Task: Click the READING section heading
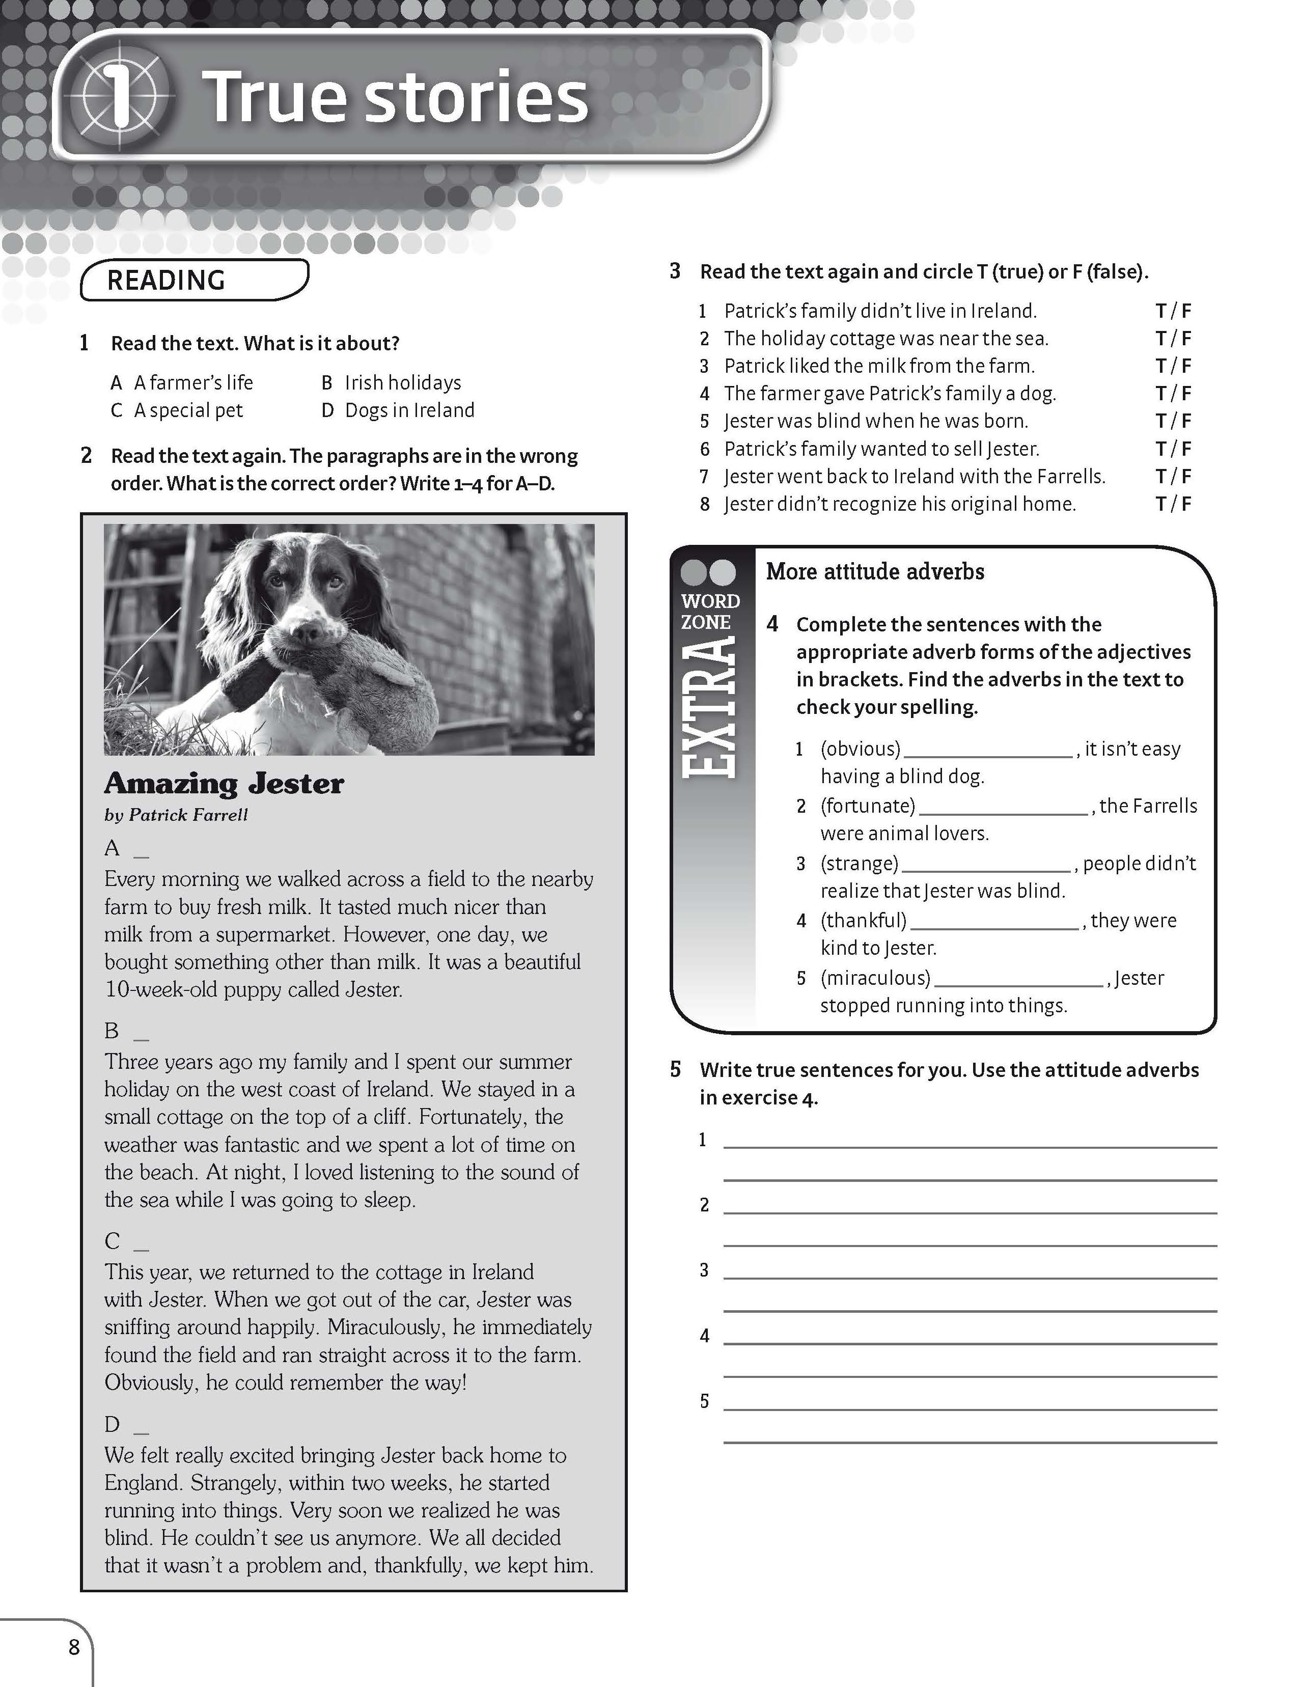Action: click(166, 281)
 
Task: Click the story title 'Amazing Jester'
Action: click(224, 783)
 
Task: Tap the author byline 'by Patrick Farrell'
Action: click(176, 815)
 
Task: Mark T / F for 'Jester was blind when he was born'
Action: click(1173, 421)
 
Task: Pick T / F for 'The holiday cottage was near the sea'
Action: click(1173, 338)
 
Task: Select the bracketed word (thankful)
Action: click(863, 920)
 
